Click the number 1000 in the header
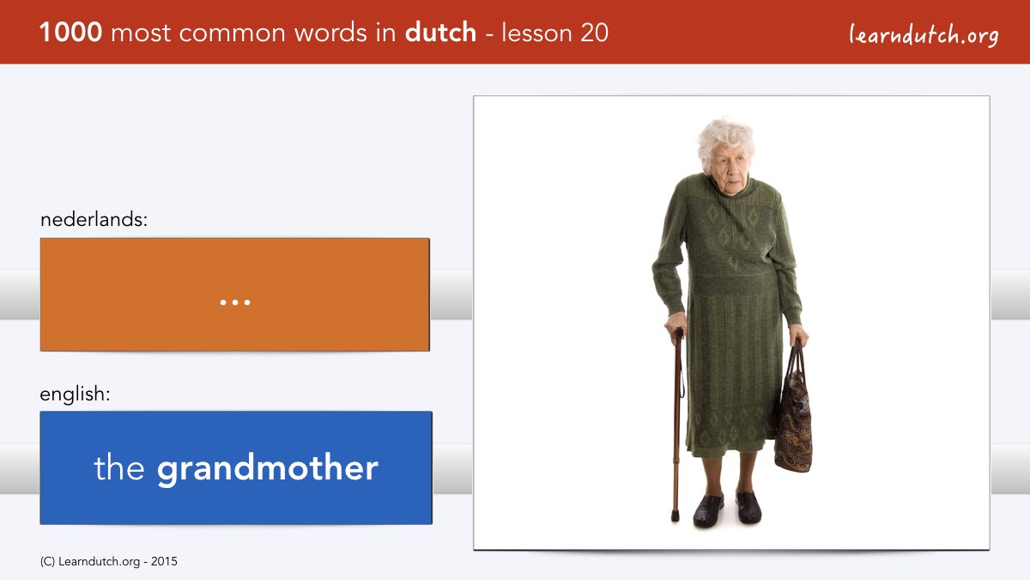70,33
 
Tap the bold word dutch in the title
440,32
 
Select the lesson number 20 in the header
594,33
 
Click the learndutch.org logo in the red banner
924,35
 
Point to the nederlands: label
94,219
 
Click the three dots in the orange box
235,302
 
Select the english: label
75,394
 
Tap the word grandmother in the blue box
268,468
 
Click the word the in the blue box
119,467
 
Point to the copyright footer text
108,562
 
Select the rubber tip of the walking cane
675,516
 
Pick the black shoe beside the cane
707,510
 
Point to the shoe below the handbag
748,507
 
